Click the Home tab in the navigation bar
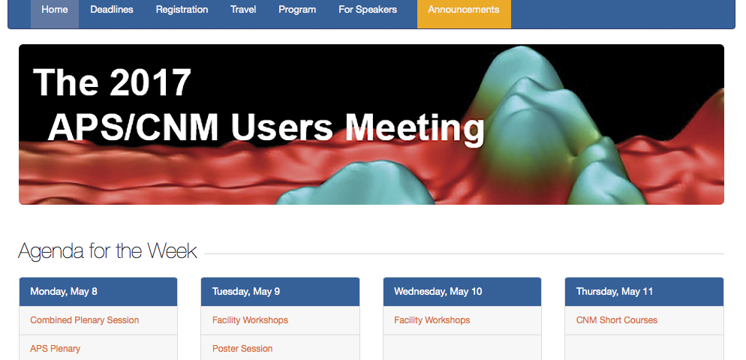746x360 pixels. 55,10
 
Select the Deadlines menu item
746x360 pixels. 112,10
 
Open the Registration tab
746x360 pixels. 182,10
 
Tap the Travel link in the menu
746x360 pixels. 243,10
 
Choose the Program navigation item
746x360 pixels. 297,10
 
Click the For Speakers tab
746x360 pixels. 368,10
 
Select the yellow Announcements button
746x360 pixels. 464,10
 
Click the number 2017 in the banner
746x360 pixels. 150,82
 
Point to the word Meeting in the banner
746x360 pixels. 414,127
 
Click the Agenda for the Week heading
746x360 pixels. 107,250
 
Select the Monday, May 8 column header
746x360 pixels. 64,292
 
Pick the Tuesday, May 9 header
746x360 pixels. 246,292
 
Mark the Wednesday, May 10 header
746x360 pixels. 438,292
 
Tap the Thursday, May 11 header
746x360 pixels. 615,292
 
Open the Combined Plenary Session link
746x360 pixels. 85,320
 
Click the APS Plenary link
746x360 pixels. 56,349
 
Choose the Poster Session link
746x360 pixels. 242,349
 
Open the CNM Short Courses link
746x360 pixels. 617,320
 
